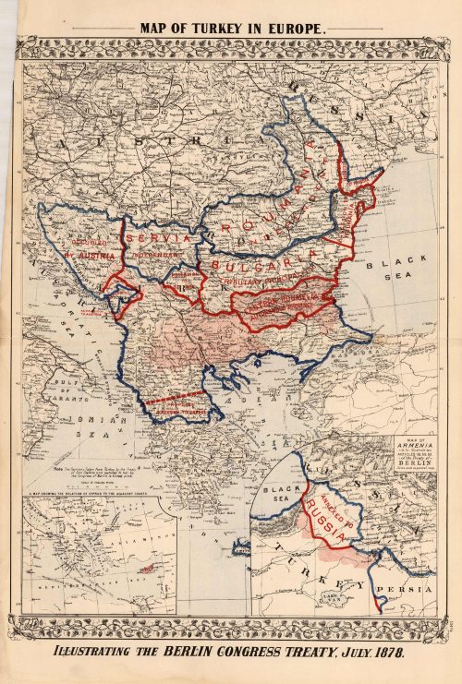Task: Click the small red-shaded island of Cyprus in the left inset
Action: (146, 570)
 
